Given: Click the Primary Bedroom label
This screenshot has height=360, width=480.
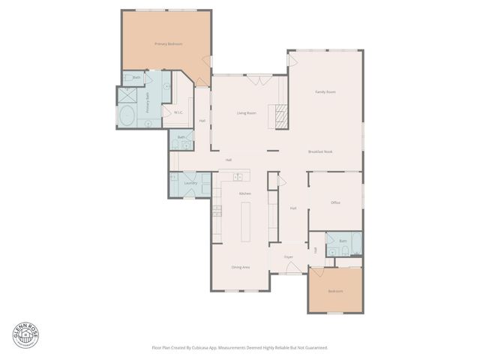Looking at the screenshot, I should coord(168,44).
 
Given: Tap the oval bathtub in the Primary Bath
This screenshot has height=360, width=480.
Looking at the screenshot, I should coord(127,117).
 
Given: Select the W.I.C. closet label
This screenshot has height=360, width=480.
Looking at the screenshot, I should coord(178,112).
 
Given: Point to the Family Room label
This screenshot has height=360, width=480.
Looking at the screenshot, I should coord(325,91).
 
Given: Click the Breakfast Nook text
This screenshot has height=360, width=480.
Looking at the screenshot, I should coord(320,151).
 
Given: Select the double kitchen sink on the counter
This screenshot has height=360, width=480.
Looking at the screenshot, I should coord(238,178).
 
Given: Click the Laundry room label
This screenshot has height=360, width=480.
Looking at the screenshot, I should coord(190,183).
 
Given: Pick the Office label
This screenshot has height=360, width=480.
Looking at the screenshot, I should coord(335,202).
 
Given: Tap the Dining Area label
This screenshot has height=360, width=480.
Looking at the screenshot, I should coord(240,267).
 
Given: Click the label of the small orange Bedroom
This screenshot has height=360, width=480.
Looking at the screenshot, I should coord(335,291).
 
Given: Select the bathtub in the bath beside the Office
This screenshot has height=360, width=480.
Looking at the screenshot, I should coord(355,244).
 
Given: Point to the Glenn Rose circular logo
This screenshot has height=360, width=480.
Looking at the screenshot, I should coord(23,334).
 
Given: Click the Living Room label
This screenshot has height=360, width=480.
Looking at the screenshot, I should coord(247,113).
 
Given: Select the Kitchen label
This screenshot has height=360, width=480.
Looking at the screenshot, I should coord(244,193).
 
